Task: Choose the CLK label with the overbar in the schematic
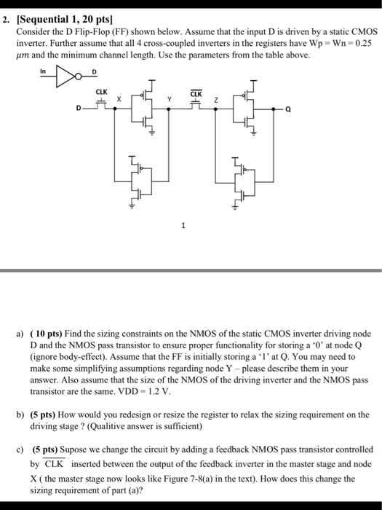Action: tap(196, 93)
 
